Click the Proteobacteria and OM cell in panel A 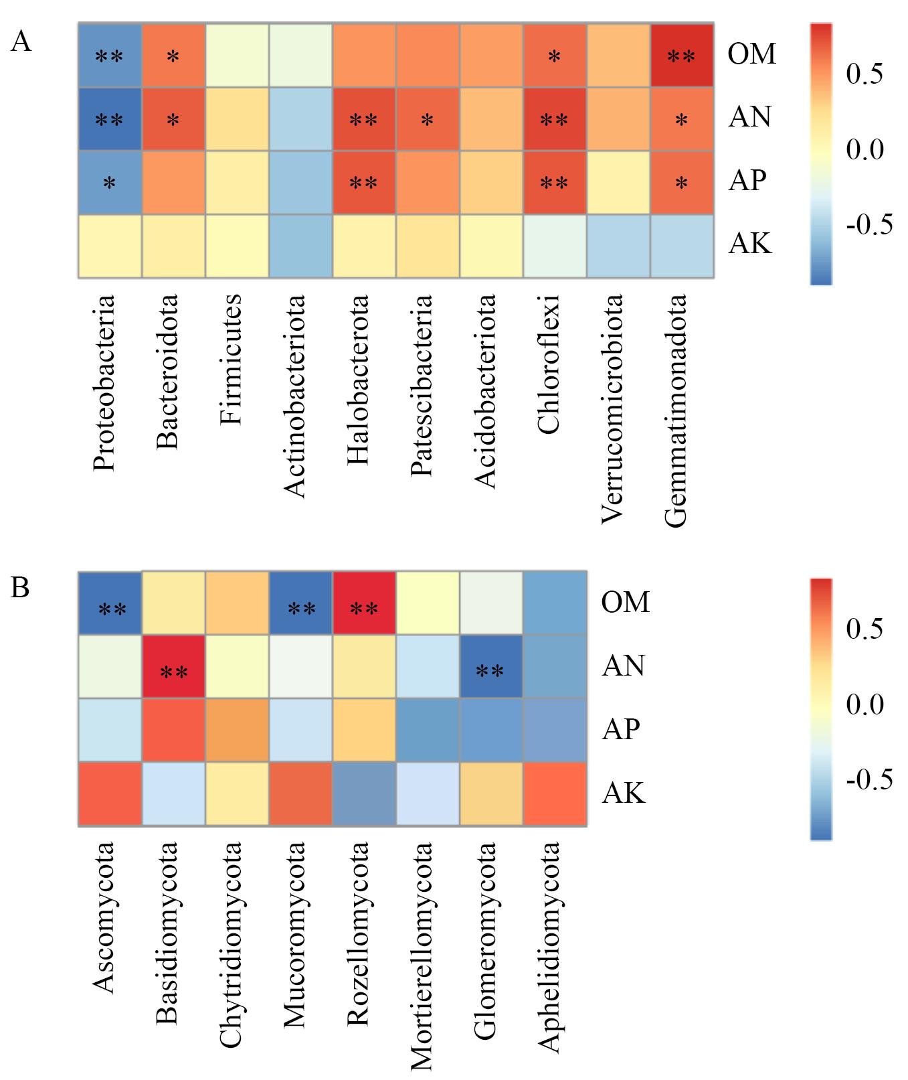pos(110,56)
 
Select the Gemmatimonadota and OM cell pos(681,56)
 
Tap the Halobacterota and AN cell pos(363,119)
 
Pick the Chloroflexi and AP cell pos(554,183)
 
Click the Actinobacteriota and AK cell pos(300,246)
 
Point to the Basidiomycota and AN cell pos(173,667)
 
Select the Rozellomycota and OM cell pos(364,603)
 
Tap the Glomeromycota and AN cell pos(491,667)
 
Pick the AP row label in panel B pos(621,728)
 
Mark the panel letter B pos(21,588)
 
